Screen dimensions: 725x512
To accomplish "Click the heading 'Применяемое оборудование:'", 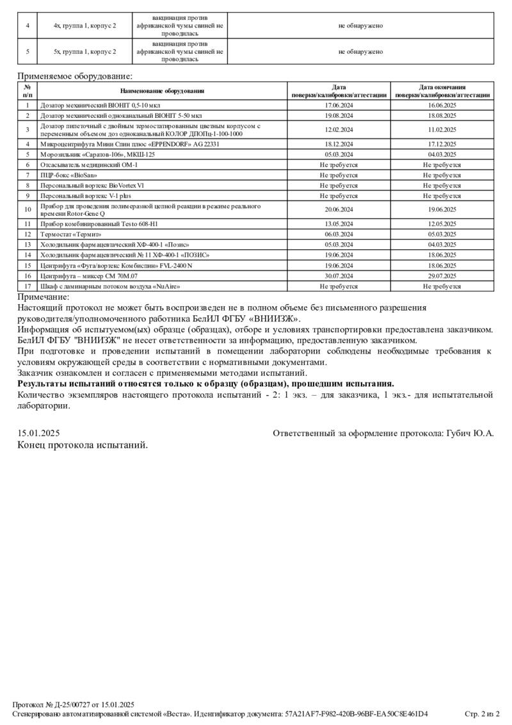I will pyautogui.click(x=70, y=76).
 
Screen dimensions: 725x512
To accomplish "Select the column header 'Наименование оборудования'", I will pyautogui.click(x=162, y=91).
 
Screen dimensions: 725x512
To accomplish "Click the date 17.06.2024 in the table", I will pyautogui.click(x=339, y=104).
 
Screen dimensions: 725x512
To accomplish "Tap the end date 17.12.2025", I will pyautogui.click(x=442, y=145).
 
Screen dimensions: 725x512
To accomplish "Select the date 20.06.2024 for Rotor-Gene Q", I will pyautogui.click(x=339, y=209).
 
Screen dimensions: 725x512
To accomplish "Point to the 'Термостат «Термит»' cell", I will pyautogui.click(x=71, y=234).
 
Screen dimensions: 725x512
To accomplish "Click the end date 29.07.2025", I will pyautogui.click(x=442, y=275).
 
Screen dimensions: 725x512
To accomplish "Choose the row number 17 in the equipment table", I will pyautogui.click(x=28, y=286).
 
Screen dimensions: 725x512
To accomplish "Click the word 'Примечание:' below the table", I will pyautogui.click(x=44, y=297).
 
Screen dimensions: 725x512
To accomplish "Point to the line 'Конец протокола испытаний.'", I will pyautogui.click(x=83, y=445).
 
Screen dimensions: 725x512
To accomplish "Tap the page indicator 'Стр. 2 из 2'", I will pyautogui.click(x=482, y=713).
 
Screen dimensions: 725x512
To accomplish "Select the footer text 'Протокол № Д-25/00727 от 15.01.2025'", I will pyautogui.click(x=74, y=705).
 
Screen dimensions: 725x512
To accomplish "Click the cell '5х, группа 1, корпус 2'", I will pyautogui.click(x=85, y=52).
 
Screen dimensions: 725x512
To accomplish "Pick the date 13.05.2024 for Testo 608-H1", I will pyautogui.click(x=339, y=224).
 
